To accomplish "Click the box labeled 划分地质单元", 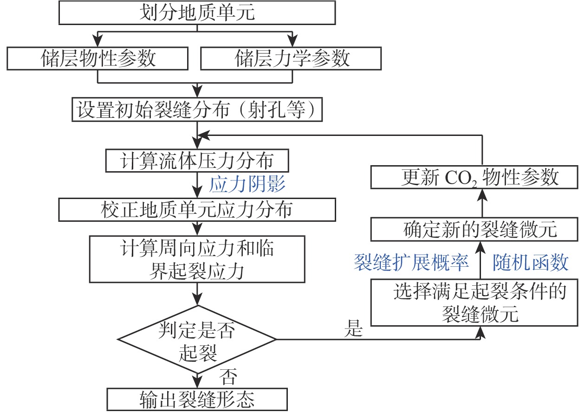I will (197, 13).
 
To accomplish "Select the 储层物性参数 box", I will (97, 59).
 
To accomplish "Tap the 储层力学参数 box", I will (291, 59).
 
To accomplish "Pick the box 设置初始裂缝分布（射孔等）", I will (197, 110).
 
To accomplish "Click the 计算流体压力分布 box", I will (197, 161).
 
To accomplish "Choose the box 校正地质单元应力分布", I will (197, 210).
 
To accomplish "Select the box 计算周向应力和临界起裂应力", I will (197, 259).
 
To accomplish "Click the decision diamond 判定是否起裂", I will (197, 340).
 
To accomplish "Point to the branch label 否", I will (228, 375).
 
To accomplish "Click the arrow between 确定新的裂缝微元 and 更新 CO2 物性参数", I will (481, 203).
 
